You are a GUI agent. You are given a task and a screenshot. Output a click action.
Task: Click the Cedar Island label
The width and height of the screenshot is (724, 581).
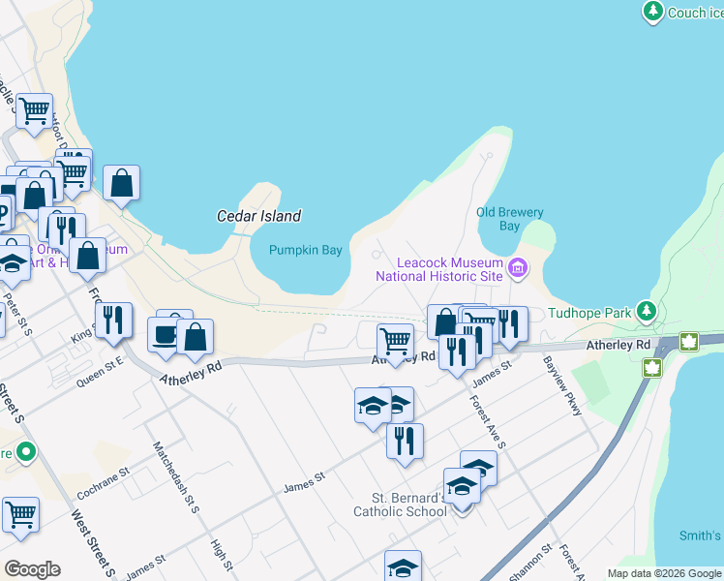(x=258, y=216)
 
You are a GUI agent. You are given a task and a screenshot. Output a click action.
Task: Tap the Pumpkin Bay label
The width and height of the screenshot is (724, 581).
(x=306, y=250)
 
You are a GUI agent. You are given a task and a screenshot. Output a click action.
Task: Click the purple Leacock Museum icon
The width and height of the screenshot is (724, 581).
(x=518, y=266)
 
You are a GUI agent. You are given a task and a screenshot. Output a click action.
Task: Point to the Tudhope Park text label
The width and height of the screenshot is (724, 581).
(x=588, y=313)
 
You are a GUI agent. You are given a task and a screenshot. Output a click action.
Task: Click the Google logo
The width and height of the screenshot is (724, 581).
(x=32, y=569)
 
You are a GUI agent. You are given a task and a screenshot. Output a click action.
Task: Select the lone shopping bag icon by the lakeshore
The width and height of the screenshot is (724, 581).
(x=121, y=183)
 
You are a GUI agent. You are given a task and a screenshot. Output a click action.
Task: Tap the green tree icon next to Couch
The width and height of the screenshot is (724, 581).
(x=653, y=12)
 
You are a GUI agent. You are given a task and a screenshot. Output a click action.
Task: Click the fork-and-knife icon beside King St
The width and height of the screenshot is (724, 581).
(x=113, y=321)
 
